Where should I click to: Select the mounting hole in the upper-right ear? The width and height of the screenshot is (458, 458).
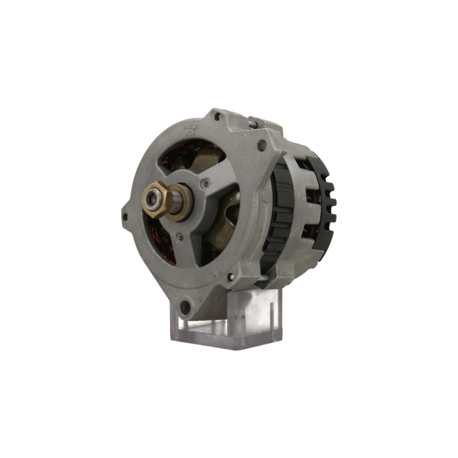tap(262, 146)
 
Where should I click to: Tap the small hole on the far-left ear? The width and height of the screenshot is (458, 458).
tap(125, 217)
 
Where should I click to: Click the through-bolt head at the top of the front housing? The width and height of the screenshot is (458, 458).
tap(217, 117)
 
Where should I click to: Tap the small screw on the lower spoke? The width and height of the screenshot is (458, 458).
tap(180, 237)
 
